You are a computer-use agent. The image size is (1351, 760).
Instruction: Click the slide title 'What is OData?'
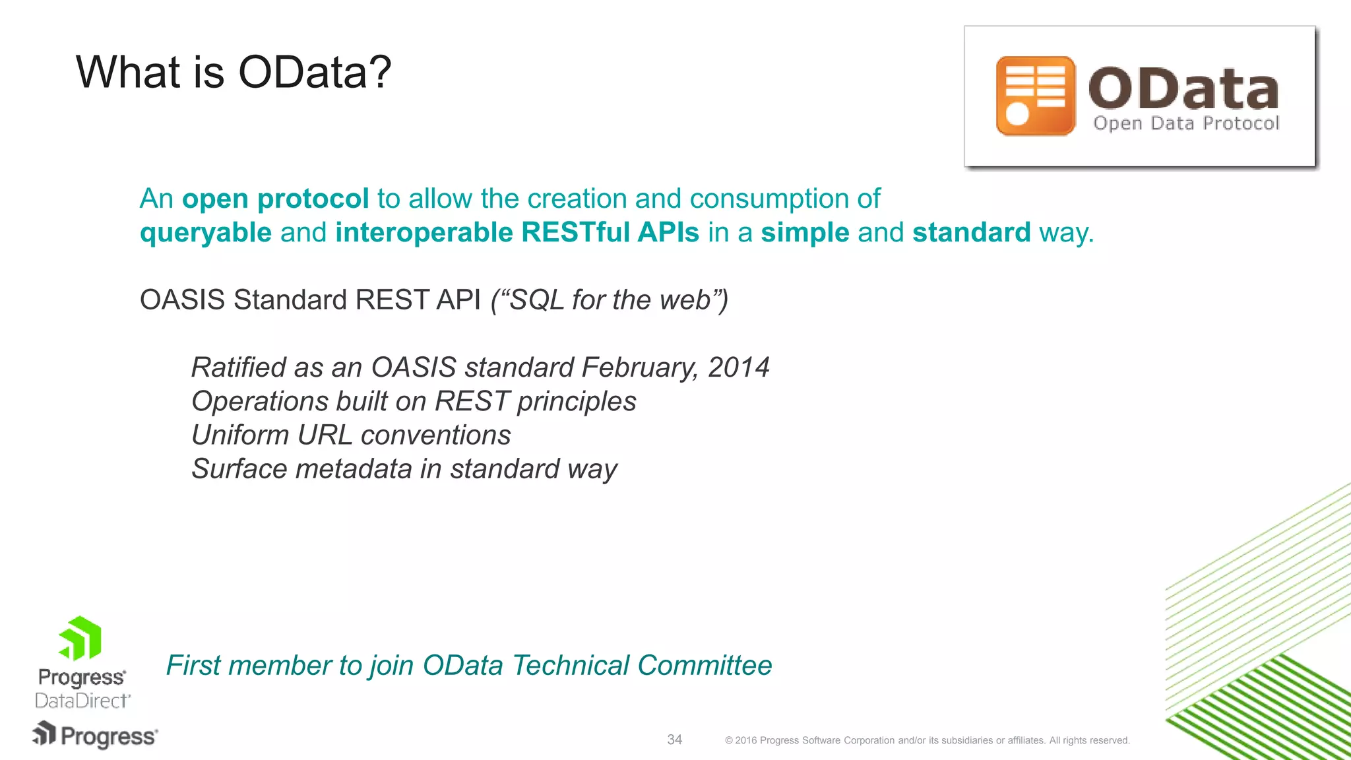click(234, 72)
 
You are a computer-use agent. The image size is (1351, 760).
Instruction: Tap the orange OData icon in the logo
click(1035, 96)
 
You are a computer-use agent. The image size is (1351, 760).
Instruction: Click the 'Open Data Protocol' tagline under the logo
click(1185, 123)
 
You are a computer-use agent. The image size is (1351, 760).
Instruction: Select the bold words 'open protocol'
click(275, 199)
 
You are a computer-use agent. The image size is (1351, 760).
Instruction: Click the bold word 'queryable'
click(206, 233)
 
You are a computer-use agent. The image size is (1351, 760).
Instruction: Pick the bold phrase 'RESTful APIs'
click(610, 233)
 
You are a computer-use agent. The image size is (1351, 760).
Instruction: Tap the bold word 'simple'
click(804, 233)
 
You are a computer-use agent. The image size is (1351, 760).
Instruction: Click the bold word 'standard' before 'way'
click(970, 233)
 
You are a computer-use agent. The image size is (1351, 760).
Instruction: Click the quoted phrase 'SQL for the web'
click(610, 300)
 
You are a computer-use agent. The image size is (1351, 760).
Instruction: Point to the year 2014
click(738, 367)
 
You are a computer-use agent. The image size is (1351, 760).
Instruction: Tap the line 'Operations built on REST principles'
click(414, 401)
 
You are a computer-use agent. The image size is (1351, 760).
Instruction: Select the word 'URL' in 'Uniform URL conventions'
click(325, 435)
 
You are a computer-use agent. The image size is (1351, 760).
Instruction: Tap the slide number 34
click(674, 740)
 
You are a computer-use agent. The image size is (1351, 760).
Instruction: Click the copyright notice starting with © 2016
click(927, 740)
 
